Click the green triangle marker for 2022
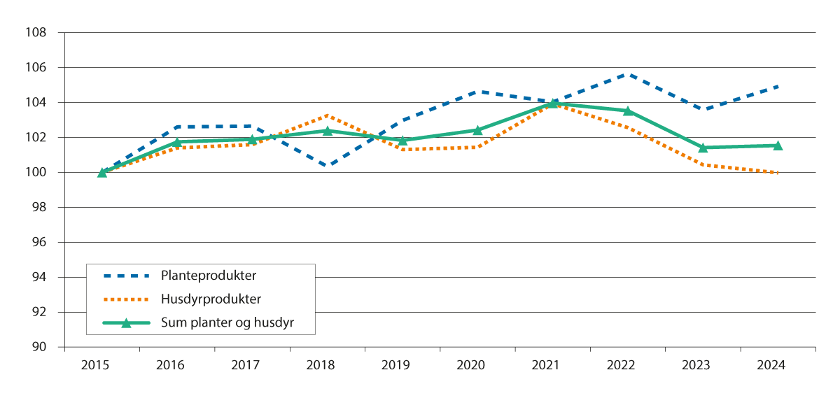point(628,111)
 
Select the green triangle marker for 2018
point(328,131)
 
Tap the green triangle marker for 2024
point(778,145)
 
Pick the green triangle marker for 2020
point(477,130)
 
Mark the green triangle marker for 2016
point(177,142)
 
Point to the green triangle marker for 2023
point(703,148)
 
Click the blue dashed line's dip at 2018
point(328,166)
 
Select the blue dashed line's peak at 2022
point(628,74)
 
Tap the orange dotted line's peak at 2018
point(328,115)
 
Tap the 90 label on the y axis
point(39,347)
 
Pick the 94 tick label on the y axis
point(39,278)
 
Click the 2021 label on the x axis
point(552,365)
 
